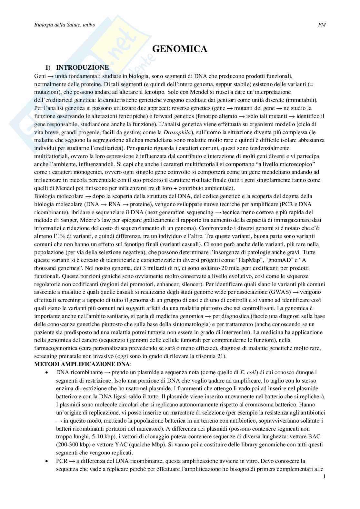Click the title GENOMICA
[x=180, y=49]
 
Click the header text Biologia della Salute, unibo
[x=65, y=25]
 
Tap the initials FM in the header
[x=322, y=25]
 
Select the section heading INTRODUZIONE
[x=82, y=68]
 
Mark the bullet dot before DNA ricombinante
[x=47, y=373]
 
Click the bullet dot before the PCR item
[x=47, y=461]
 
